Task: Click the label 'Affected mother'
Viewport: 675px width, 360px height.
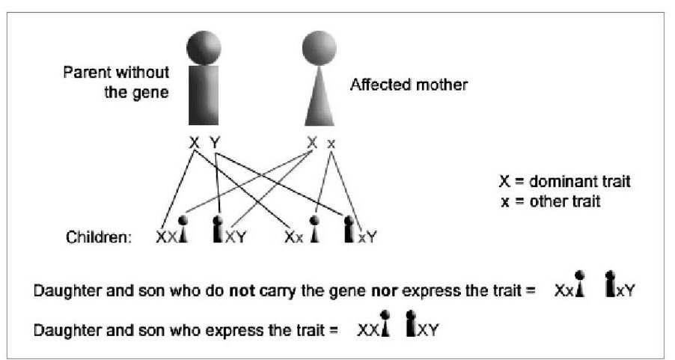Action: [x=409, y=85]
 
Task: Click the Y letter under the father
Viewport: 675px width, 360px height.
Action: [x=215, y=142]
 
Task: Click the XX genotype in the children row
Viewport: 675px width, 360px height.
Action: [x=168, y=238]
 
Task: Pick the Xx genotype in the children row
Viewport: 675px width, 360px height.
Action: [x=295, y=238]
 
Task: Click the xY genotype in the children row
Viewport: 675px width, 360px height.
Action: [x=367, y=238]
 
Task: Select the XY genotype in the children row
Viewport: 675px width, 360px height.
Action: [x=236, y=238]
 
